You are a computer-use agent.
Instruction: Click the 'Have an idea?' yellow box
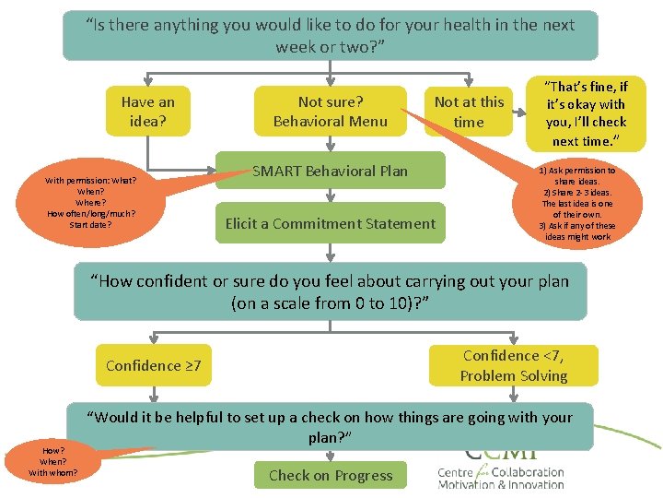147,111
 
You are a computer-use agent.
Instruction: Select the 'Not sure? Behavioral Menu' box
330,111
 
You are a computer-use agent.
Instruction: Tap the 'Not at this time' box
469,112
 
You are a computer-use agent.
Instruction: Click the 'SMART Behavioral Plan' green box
330,171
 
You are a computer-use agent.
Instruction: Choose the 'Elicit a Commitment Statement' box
330,223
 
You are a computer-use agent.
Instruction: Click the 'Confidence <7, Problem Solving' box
514,365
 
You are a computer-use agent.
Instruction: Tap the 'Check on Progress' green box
330,476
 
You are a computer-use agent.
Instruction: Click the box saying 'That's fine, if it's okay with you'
586,113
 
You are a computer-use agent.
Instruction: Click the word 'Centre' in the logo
460,471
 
